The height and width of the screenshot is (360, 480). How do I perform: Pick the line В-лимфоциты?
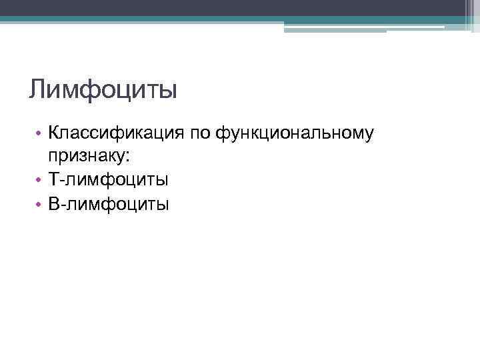pos(108,203)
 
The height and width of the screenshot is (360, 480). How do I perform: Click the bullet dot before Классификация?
pos(40,134)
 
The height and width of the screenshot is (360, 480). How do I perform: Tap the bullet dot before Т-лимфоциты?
pos(40,180)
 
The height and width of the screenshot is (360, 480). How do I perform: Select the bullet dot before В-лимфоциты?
pos(40,203)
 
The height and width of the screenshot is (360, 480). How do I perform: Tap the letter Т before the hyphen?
pos(53,180)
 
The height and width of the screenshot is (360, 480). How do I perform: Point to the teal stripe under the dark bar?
pos(200,19)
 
